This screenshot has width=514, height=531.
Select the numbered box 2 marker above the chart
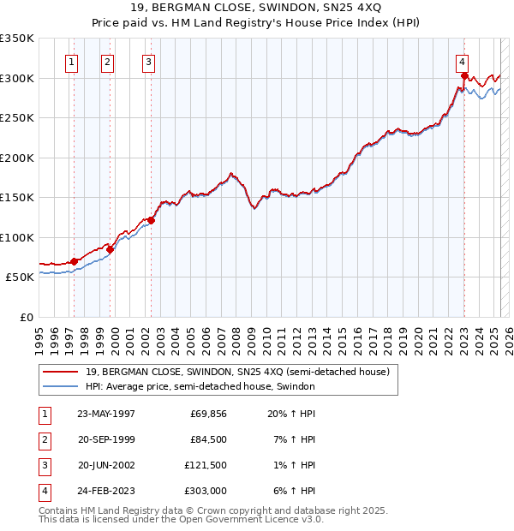[x=107, y=61]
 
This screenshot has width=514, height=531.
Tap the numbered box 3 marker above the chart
[x=148, y=61]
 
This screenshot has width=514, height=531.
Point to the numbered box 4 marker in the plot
[x=462, y=61]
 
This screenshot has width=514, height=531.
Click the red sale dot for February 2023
[x=463, y=76]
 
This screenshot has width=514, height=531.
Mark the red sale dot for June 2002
[x=151, y=220]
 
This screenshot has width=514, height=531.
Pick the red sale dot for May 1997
[x=75, y=261]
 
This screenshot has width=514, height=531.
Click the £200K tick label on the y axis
[x=17, y=158]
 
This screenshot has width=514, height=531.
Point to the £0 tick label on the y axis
[x=26, y=317]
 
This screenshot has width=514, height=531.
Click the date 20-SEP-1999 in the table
[x=106, y=439]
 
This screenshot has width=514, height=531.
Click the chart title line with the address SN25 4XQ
[x=257, y=9]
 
